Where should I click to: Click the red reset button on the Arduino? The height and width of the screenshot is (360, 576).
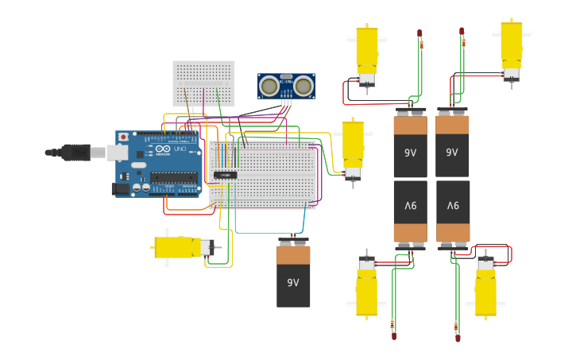[123, 137]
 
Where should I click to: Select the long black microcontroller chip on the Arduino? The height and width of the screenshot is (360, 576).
[173, 177]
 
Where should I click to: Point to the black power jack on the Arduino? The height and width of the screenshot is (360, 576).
[121, 189]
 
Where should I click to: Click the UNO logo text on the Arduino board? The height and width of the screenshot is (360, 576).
[180, 149]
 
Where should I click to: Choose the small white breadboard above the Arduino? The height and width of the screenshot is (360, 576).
[203, 83]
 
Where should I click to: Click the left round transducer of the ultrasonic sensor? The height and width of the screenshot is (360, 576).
[270, 84]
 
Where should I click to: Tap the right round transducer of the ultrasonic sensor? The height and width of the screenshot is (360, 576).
[303, 84]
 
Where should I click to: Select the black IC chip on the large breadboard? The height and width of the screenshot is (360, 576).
[225, 175]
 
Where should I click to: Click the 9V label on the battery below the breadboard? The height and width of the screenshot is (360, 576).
[293, 282]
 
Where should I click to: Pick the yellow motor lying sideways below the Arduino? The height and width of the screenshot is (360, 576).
[183, 247]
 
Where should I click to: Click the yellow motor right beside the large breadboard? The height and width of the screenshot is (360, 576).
[353, 149]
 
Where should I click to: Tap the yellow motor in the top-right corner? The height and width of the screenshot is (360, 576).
[511, 49]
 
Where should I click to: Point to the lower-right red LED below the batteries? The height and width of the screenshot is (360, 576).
[458, 339]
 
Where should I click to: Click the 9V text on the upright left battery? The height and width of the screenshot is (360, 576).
[410, 152]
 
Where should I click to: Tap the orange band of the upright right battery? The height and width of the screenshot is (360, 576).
[452, 125]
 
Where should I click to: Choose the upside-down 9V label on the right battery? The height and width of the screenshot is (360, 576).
[452, 206]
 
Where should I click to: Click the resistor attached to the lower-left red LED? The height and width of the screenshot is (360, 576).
[392, 324]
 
